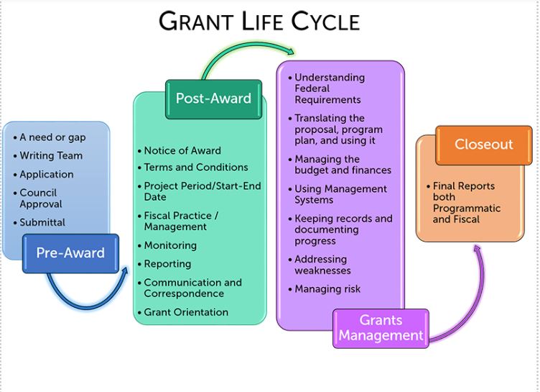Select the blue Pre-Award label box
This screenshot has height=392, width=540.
point(70,253)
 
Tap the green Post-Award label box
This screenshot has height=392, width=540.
point(213,99)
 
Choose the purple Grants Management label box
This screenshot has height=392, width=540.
point(381,329)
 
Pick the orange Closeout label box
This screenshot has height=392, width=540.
point(483,145)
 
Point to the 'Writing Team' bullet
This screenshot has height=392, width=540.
point(50,155)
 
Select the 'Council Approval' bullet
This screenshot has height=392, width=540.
point(42,199)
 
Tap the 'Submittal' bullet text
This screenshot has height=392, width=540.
point(42,222)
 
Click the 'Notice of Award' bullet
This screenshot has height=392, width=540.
point(182,150)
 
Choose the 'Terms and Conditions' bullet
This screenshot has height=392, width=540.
point(195,167)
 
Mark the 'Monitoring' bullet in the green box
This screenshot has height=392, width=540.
point(170,245)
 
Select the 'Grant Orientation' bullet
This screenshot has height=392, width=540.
point(185,312)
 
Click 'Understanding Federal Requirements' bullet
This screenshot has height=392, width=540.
point(329,88)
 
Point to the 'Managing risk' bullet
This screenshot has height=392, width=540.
point(327,289)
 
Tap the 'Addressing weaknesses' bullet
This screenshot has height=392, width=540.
point(322,265)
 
